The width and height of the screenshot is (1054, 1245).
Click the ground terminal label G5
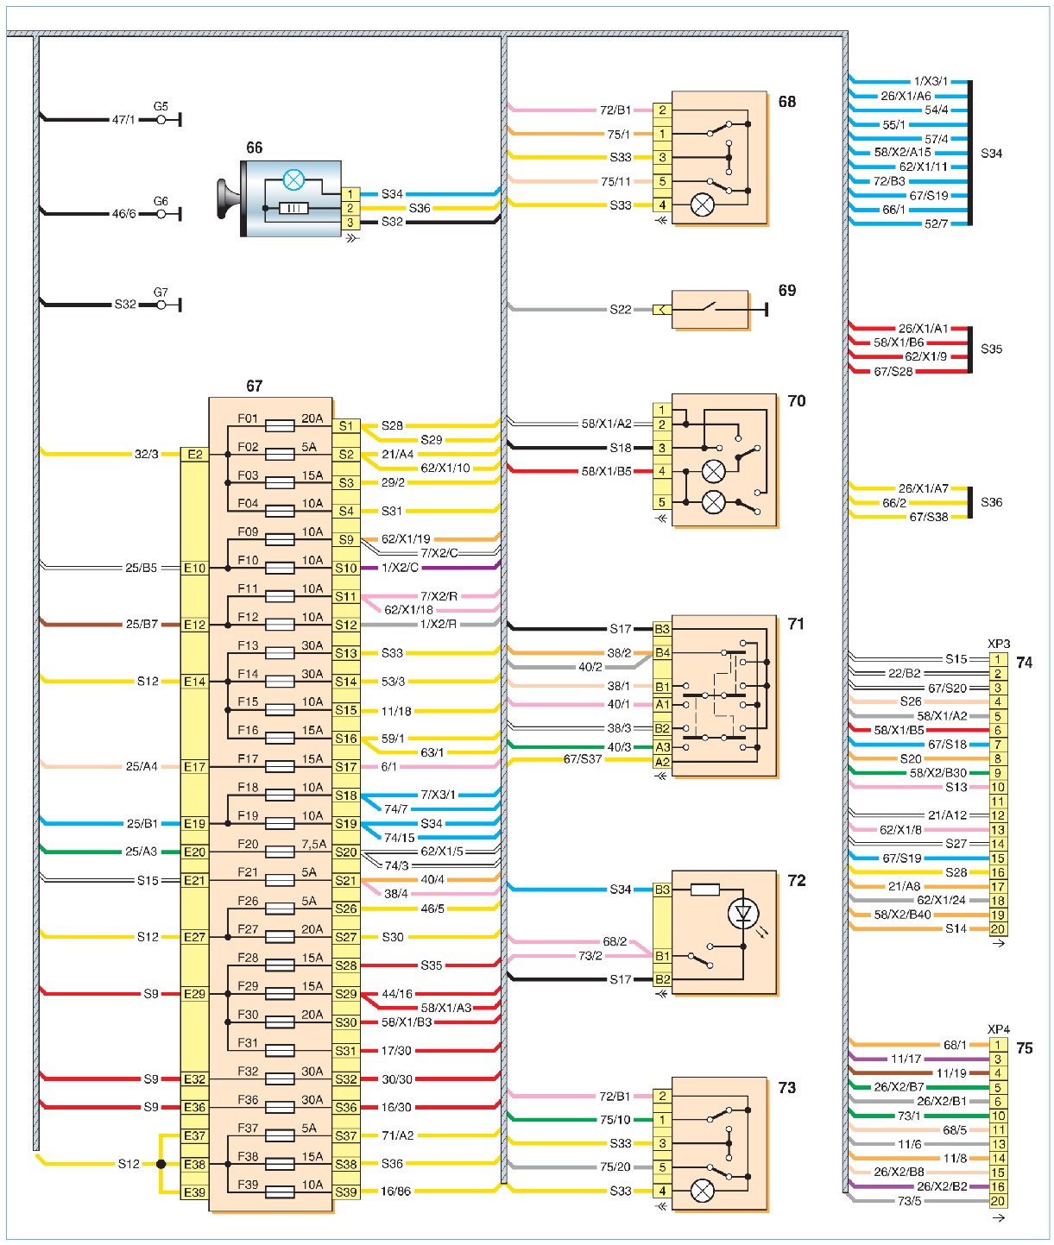pos(161,107)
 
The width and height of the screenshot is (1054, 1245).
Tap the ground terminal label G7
pos(161,292)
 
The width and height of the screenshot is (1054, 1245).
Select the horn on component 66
pos(229,198)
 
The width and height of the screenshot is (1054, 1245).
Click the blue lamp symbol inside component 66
pos(293,179)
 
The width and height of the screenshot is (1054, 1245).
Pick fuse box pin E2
pos(194,454)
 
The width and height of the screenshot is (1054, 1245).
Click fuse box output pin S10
pos(346,568)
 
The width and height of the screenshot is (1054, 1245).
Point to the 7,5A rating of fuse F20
pos(313,845)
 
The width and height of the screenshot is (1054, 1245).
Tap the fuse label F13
pos(247,645)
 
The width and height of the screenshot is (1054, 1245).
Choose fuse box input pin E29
pos(194,994)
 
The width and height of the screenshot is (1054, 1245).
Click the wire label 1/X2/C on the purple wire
pos(400,568)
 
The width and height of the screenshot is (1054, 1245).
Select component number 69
pos(787,290)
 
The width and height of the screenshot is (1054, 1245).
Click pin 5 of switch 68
pos(662,181)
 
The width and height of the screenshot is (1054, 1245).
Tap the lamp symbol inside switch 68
pos(702,205)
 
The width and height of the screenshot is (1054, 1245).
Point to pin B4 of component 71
pos(662,652)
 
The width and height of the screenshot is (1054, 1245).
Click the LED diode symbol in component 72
pos(742,913)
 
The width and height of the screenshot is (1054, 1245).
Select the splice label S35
pos(991,349)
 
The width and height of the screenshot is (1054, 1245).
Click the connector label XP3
pos(999,644)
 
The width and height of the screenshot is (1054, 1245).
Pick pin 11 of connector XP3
pos(998,802)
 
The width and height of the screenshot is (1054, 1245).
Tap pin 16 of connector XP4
pos(998,1186)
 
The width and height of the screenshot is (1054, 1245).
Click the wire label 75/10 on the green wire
pos(615,1119)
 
